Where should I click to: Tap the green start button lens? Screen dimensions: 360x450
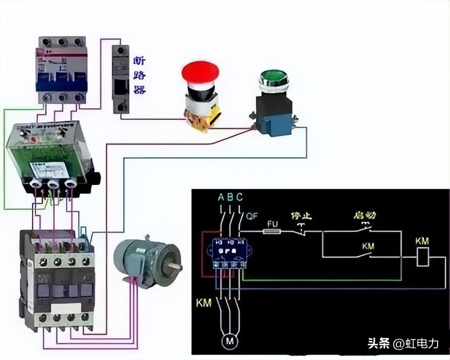(274, 77)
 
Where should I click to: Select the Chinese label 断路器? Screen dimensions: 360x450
(139, 75)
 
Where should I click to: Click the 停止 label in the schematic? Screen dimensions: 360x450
(301, 215)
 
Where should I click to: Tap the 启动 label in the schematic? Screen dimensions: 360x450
(365, 215)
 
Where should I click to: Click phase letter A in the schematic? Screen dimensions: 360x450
(221, 197)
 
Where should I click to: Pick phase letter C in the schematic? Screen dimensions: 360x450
(240, 197)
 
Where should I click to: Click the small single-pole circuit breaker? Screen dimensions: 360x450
(120, 79)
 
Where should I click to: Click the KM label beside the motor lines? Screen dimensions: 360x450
(204, 303)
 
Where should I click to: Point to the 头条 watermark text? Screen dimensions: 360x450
(378, 344)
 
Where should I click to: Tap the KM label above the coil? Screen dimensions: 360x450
(422, 242)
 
